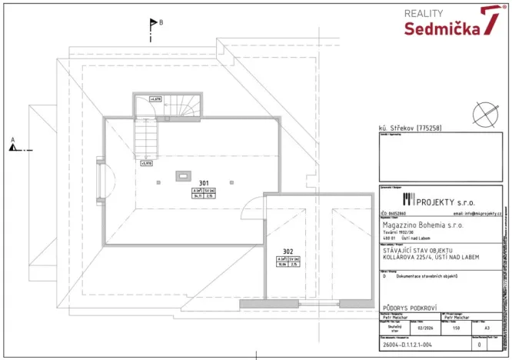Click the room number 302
pos(288,251)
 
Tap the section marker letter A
pos(12,141)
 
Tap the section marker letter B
pos(161,23)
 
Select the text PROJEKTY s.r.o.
pos(447,200)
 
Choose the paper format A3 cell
pos(482,326)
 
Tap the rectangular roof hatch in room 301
pos(183,175)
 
